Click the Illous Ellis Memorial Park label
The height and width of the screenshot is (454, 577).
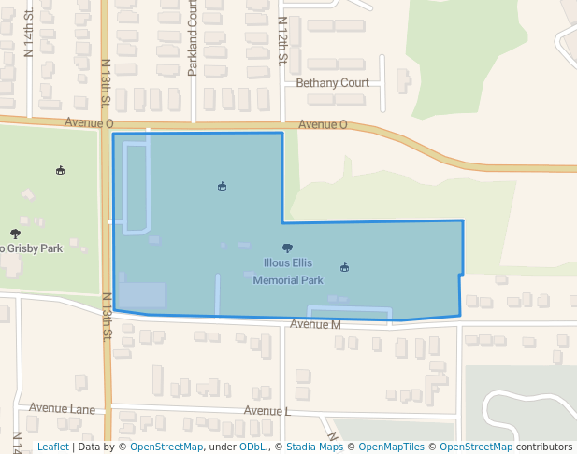pos(288,271)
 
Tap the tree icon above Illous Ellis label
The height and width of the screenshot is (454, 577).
pos(287,248)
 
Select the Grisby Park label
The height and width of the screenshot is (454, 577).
pos(34,248)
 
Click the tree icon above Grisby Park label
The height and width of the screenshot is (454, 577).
pos(15,234)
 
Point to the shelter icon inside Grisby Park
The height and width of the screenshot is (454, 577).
pos(61,170)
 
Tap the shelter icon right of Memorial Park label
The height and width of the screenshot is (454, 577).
pos(345,267)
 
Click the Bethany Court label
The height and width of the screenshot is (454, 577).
pos(332,83)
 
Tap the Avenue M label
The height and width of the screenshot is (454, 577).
pos(315,325)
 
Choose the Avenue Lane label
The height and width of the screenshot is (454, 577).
pos(62,408)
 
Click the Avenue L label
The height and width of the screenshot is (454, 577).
pos(267,411)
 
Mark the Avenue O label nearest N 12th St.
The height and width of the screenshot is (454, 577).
pos(323,124)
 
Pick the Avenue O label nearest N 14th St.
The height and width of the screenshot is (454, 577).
pos(89,123)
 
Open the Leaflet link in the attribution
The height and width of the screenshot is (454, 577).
pos(52,447)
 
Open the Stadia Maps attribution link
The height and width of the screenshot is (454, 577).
pos(314,447)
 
